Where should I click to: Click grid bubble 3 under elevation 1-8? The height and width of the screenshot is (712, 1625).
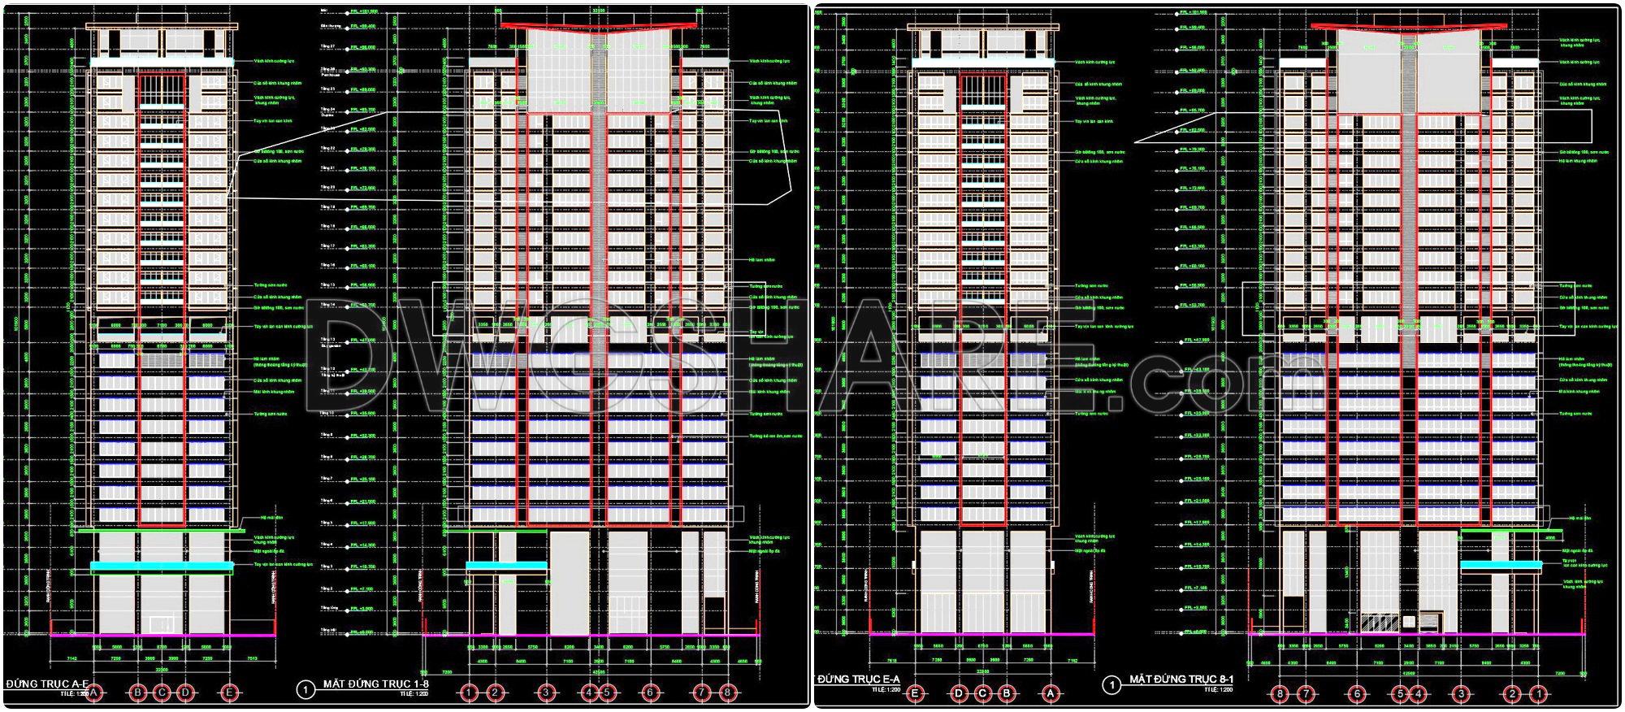547,693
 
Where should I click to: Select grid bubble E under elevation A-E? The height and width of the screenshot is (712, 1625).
230,693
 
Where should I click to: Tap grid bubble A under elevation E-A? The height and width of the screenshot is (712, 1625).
1051,693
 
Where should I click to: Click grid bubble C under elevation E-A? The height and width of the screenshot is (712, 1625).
982,693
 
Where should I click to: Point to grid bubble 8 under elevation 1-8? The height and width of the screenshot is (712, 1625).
728,693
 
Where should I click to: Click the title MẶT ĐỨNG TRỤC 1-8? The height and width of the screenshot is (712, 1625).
375,684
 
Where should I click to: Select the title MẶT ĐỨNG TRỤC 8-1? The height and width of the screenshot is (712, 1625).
1181,679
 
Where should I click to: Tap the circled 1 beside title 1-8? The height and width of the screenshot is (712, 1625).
305,689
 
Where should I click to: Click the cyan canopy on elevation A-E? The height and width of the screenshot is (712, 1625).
162,566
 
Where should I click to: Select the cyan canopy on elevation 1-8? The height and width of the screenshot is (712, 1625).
506,565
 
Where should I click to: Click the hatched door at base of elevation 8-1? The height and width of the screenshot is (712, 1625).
1380,623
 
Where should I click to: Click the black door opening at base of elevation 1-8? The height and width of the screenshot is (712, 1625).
713,613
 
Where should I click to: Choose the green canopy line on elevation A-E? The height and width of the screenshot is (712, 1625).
162,531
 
